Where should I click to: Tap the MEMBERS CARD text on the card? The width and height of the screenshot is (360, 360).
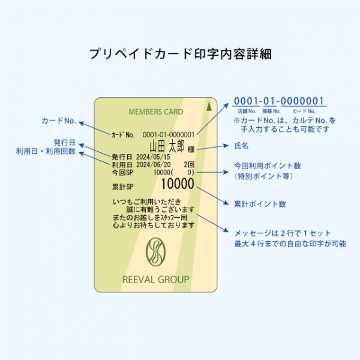coord(156,112)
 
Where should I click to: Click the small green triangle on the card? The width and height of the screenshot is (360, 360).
coord(208,107)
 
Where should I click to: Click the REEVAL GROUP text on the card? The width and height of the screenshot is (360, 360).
coord(155,280)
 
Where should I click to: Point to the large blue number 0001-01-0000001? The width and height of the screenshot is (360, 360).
coord(279,101)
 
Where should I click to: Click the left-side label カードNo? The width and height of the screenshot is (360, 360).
coord(58,121)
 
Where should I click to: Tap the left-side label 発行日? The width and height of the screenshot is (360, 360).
coord(65,142)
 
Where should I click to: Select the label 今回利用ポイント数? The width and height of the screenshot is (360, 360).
coord(267,166)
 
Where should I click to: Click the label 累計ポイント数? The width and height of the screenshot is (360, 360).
coord(260,204)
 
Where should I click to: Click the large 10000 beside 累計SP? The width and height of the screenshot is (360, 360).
coord(177,184)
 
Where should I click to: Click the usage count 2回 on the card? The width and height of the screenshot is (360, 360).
coord(188,164)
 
